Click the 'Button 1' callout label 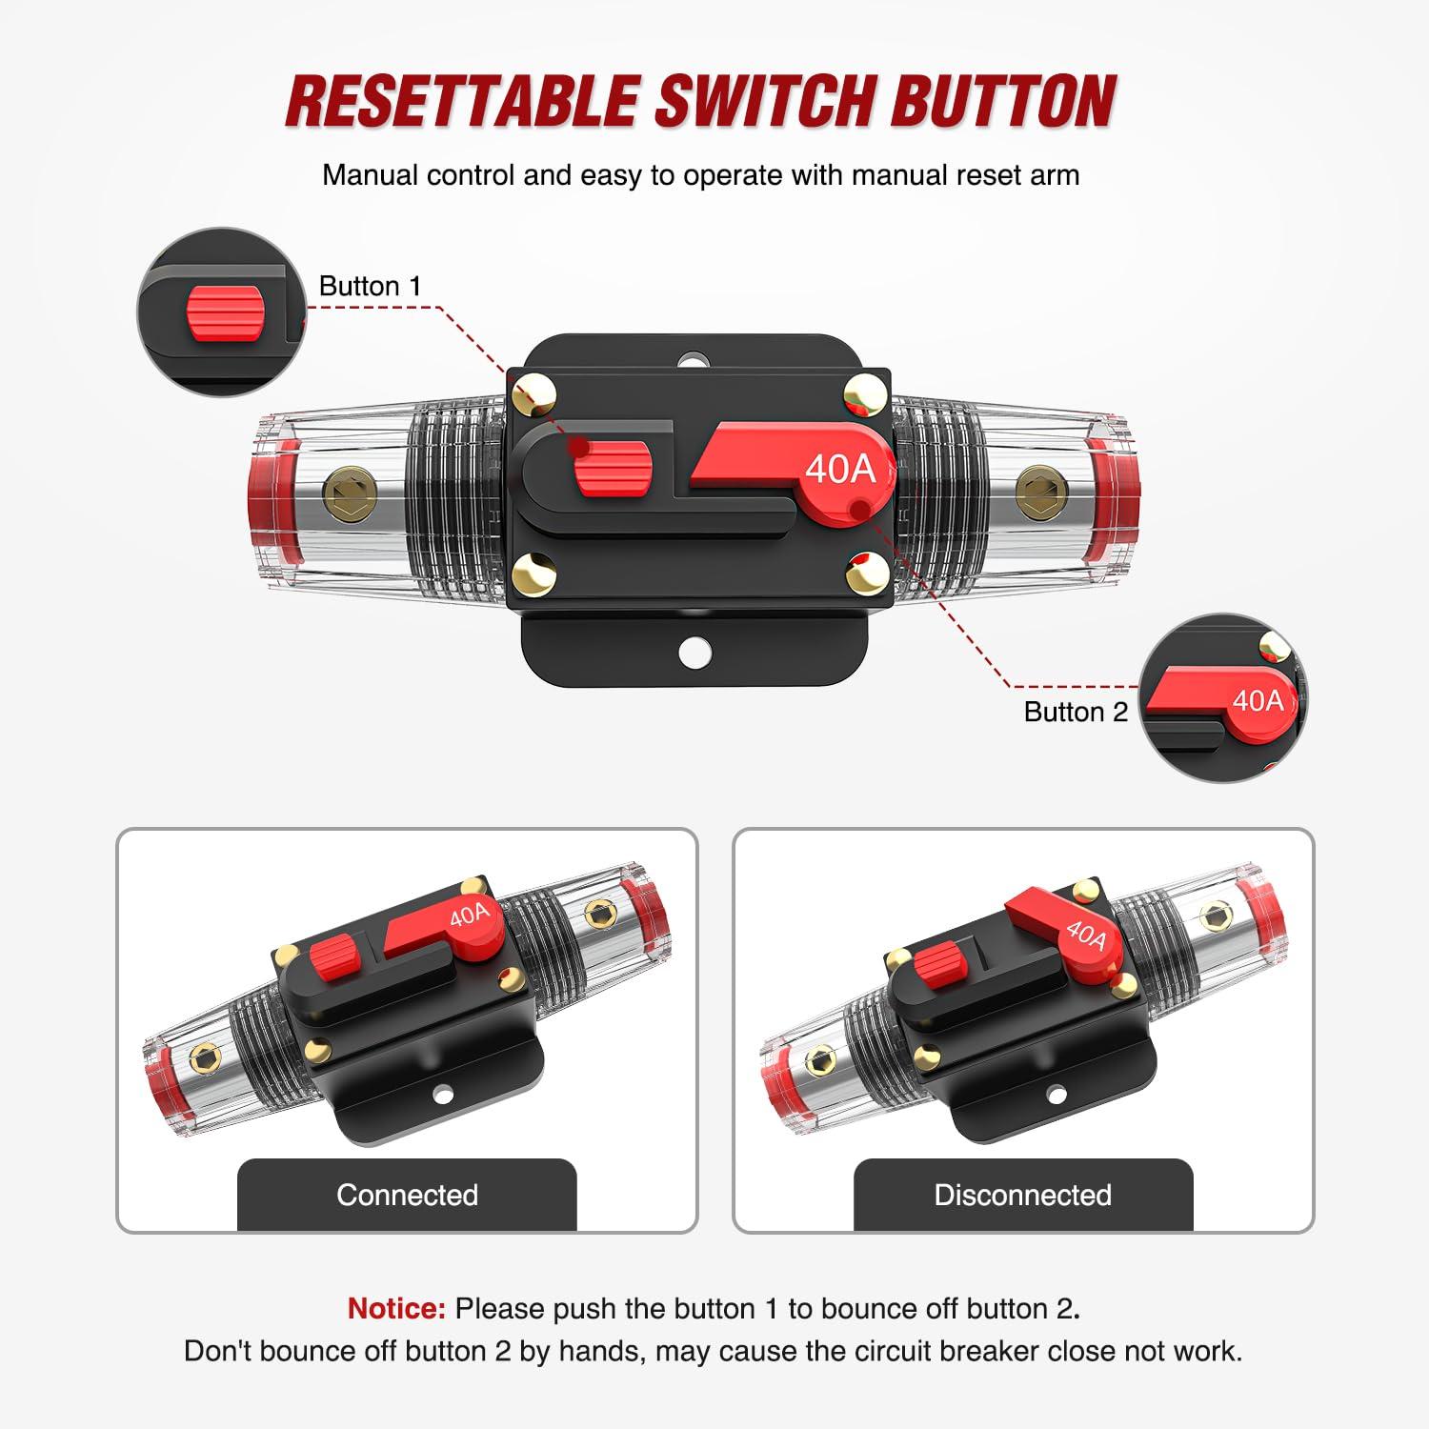coord(370,286)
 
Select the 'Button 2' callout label coord(1075,712)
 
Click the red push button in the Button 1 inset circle coord(226,312)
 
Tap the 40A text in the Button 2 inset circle coord(1258,701)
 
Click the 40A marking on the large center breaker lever coord(839,469)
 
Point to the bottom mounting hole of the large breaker coord(695,653)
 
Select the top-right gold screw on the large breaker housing coord(865,392)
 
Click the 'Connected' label coord(407,1195)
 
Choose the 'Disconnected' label coord(1022,1195)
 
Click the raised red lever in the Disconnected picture coord(1057,929)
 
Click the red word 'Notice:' coord(396,1308)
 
